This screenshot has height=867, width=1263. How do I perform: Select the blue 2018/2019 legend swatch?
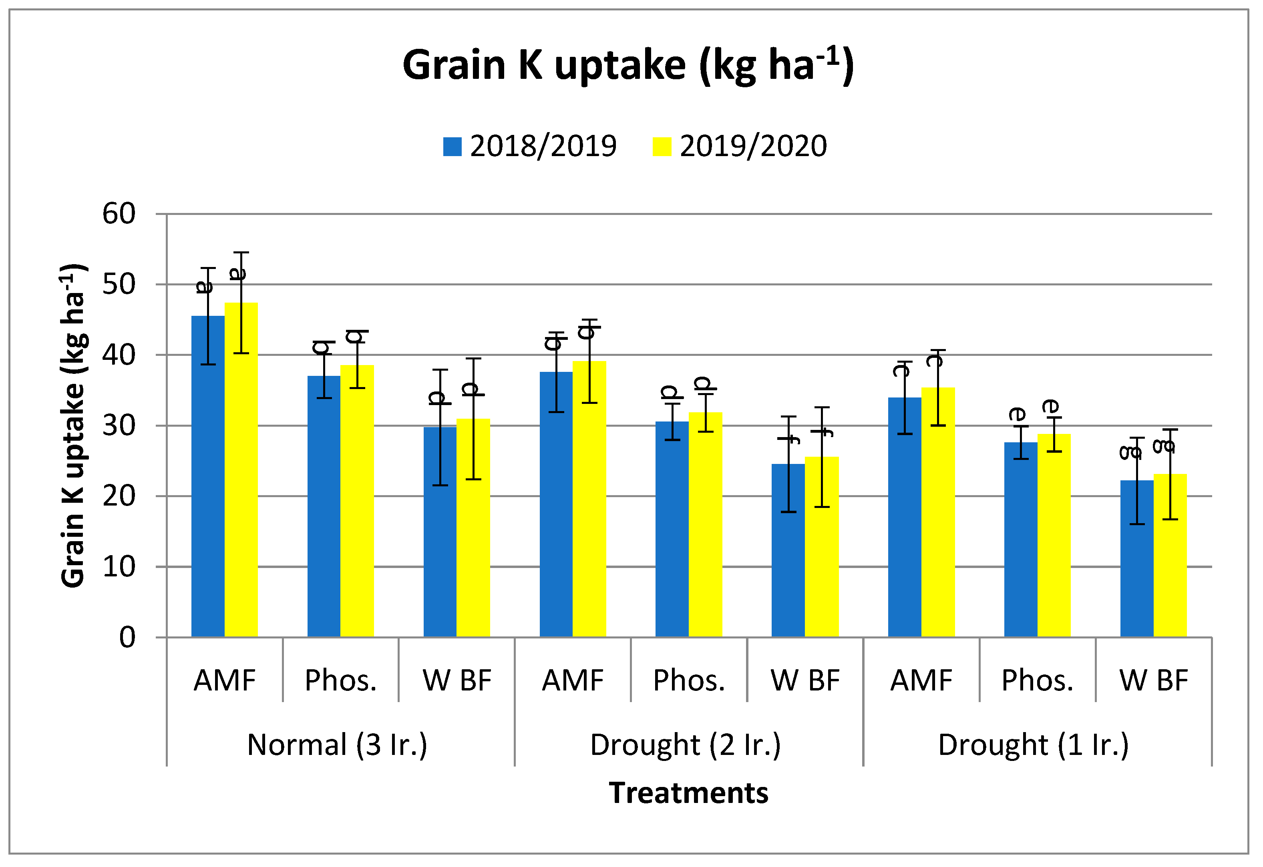452,147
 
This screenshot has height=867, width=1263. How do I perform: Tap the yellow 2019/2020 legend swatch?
662,147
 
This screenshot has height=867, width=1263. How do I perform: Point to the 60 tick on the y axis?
119,214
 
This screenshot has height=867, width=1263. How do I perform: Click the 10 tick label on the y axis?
119,567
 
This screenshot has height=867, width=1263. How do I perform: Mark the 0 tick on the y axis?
127,638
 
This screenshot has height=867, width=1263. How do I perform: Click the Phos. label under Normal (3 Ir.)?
341,680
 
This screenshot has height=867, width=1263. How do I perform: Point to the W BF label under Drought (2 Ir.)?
805,680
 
